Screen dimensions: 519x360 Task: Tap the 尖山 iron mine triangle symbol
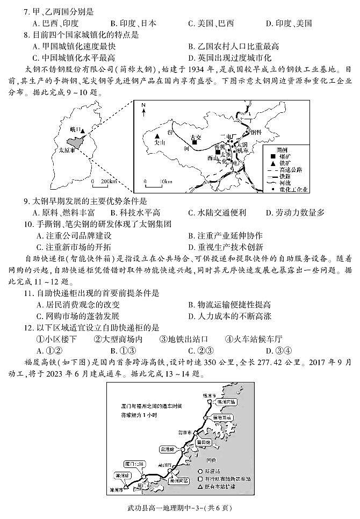[x=157, y=136]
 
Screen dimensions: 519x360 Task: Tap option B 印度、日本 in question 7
[x=133, y=23]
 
